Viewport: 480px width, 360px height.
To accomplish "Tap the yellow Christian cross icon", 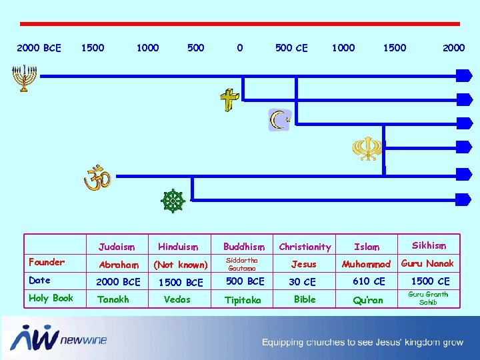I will point(230,101).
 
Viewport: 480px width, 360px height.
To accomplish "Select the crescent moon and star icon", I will point(280,120).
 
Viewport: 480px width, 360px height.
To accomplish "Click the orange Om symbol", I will point(95,178).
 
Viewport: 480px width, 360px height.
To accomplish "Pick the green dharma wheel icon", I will point(173,201).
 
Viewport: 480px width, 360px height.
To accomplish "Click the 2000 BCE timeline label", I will point(39,48).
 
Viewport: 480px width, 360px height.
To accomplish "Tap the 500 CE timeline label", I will point(291,48).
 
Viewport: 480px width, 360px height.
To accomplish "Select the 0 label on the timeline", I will point(240,48).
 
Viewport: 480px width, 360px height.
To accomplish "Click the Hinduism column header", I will point(178,247).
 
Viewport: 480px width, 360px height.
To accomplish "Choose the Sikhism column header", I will point(429,245).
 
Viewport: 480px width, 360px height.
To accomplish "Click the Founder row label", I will point(47,262).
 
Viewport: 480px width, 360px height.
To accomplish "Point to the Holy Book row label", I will point(51,298).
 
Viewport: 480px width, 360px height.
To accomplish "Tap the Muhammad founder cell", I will point(366,265).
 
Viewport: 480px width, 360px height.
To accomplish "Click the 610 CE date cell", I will point(369,281).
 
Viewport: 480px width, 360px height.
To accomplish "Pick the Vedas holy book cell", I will point(177,299).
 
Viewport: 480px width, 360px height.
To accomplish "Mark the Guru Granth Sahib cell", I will point(428,298).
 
